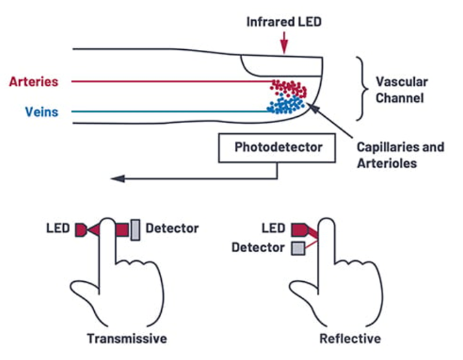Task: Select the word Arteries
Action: click(33, 82)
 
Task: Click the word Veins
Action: click(41, 112)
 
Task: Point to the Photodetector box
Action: click(278, 147)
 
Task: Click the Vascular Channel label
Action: click(401, 90)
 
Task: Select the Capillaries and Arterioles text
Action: click(400, 154)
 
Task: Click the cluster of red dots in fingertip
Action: click(289, 88)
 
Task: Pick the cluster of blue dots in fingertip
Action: click(287, 105)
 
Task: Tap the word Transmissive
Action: click(128, 339)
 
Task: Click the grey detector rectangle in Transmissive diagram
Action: click(136, 230)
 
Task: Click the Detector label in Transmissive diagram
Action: click(172, 229)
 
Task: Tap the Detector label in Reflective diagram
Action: click(258, 247)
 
